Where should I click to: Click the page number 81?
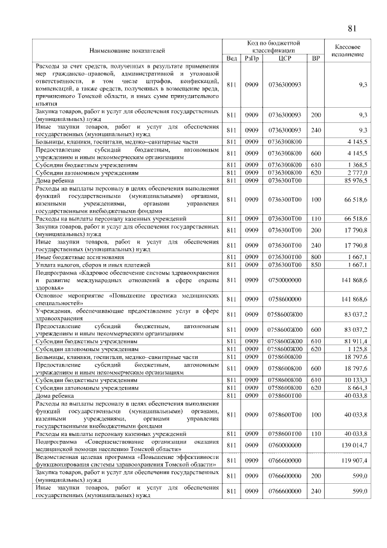353,28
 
